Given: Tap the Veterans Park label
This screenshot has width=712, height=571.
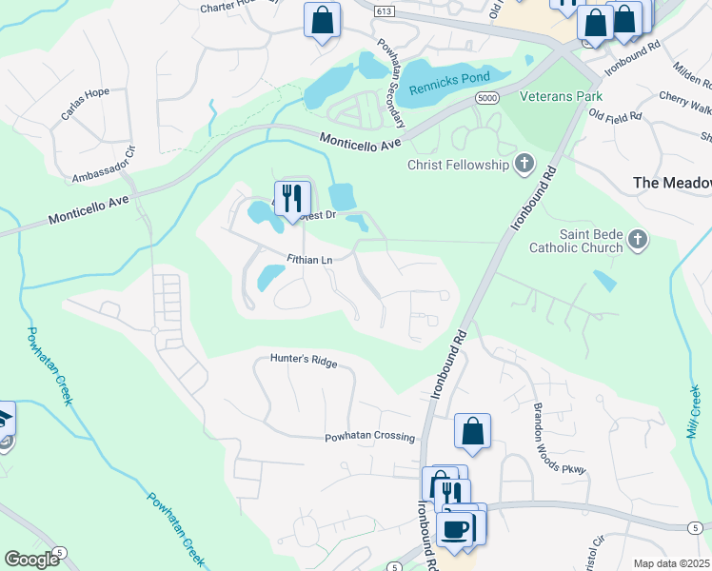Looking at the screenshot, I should pos(560,97).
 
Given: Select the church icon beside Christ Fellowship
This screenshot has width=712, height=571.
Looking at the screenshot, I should pos(524,165).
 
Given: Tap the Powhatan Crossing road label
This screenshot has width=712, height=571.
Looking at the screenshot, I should pos(370,437).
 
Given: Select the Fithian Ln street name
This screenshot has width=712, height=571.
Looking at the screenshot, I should pos(308,259).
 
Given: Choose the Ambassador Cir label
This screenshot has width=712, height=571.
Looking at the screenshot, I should pos(105,165).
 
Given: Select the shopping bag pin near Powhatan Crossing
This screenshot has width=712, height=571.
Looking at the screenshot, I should pos(472,431).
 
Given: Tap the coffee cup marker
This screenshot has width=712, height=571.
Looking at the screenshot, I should pos(455,527).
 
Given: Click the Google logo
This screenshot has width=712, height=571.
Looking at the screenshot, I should pos(32,560).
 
